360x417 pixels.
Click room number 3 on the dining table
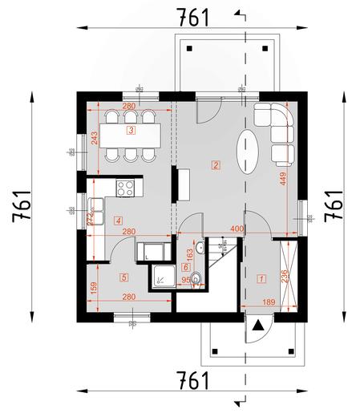point(131,129)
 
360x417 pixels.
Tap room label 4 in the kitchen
point(118,220)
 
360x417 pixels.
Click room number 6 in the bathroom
point(187,266)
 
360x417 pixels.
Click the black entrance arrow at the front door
point(257,325)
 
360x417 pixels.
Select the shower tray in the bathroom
point(164,277)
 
